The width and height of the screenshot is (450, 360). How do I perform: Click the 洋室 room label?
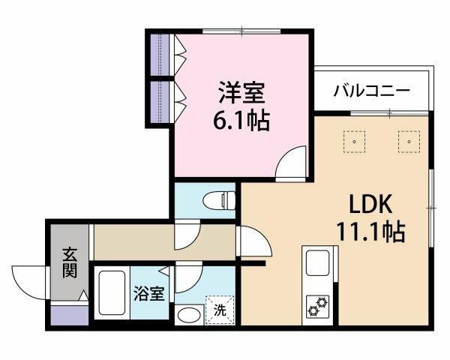tap(241, 92)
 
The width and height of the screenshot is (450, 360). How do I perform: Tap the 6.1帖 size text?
tap(241, 120)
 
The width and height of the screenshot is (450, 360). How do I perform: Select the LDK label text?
tap(370, 203)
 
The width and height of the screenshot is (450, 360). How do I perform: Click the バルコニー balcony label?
tap(371, 91)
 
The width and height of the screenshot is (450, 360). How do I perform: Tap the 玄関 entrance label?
tap(70, 262)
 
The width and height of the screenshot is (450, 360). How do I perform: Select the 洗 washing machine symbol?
tap(220, 310)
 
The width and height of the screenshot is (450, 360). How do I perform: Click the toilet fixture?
tap(219, 200)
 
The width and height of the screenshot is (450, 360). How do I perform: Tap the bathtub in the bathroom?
tap(112, 292)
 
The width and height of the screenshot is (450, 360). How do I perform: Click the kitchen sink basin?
tap(317, 262)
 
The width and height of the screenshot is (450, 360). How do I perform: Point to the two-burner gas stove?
tap(318, 307)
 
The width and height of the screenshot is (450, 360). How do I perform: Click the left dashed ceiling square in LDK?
tap(355, 142)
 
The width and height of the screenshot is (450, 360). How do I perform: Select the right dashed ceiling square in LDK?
tap(409, 142)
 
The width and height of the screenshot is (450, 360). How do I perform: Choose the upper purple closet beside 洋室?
tap(160, 55)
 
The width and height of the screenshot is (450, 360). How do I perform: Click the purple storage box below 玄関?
tap(70, 315)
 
